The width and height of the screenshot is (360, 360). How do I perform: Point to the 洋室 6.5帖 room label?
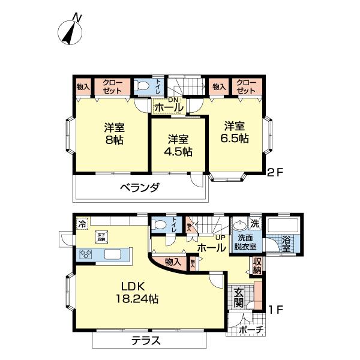[x=235, y=131]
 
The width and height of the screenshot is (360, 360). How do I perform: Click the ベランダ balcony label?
[x=139, y=188]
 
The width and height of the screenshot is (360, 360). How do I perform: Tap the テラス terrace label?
[x=146, y=340]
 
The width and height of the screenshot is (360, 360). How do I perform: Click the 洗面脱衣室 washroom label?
[x=246, y=242]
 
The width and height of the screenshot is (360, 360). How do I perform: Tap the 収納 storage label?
[x=257, y=265]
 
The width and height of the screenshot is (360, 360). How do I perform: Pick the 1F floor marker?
[x=275, y=310]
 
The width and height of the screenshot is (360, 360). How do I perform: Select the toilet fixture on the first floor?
[x=160, y=225]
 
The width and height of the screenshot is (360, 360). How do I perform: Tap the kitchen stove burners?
[x=86, y=254]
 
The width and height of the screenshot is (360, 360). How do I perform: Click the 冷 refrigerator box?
[x=81, y=223]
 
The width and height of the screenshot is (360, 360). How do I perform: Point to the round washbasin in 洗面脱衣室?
[x=240, y=225]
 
